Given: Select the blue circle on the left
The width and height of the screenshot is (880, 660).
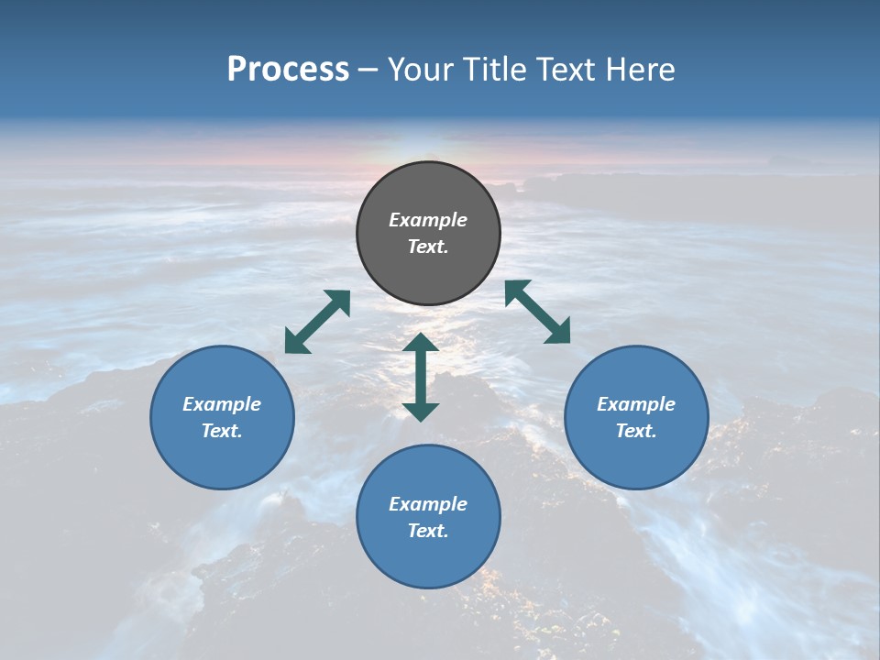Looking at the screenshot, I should pos(222,458).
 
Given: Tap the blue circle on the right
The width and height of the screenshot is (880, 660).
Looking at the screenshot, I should pos(636,458).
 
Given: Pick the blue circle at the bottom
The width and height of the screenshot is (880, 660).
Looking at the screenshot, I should pos(428,559).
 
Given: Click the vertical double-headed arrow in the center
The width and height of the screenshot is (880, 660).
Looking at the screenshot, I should pos(421,377).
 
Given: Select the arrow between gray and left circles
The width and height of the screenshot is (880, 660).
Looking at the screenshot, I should pos(317,322).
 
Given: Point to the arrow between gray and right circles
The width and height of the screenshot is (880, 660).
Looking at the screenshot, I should pos(538,312).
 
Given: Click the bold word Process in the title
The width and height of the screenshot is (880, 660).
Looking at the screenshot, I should pos(288,70).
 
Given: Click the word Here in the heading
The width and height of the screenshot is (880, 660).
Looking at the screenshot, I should pos(639,70).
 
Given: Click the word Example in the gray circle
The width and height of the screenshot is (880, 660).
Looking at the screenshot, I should pos(428,220).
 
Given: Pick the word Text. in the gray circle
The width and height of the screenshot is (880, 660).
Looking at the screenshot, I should pos(428,247).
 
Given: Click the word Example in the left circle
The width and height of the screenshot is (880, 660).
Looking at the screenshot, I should pos(222,404).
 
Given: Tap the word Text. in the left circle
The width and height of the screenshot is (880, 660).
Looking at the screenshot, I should pos(222,431).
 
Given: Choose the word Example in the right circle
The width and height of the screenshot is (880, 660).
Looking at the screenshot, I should pos(636,404).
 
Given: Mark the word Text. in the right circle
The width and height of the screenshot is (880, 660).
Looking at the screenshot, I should pos(636,431).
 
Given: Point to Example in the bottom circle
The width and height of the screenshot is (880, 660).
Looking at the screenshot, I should pos(428,504).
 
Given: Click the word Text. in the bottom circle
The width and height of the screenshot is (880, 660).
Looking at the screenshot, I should pos(428,531).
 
